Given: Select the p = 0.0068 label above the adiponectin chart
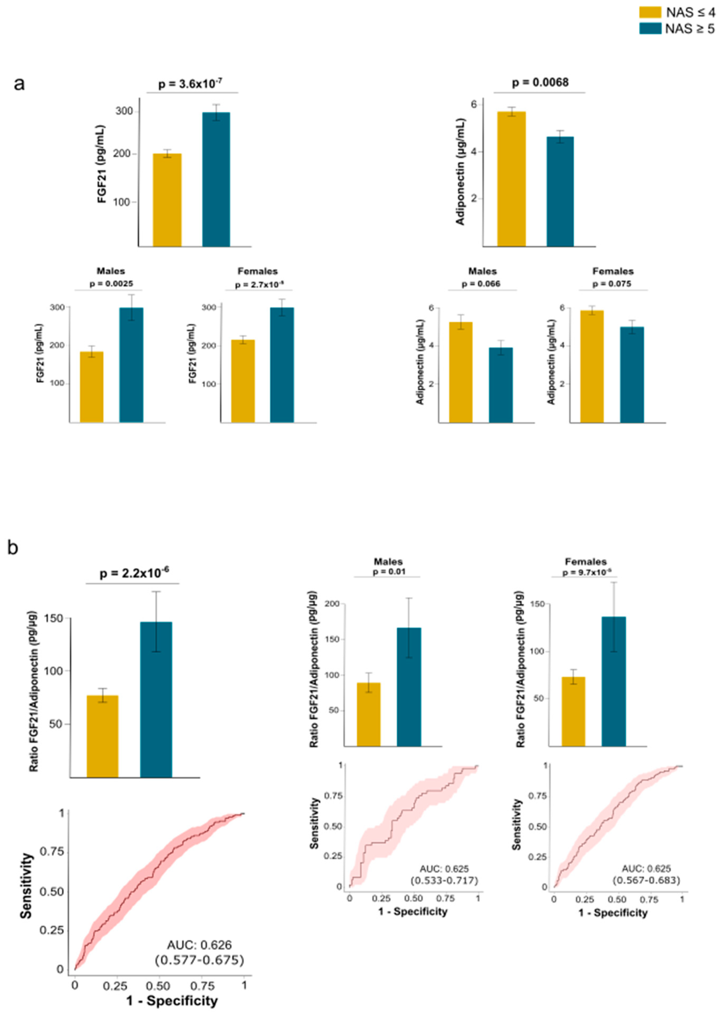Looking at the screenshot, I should point(540,83).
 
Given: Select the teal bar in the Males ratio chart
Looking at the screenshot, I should point(409,686).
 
